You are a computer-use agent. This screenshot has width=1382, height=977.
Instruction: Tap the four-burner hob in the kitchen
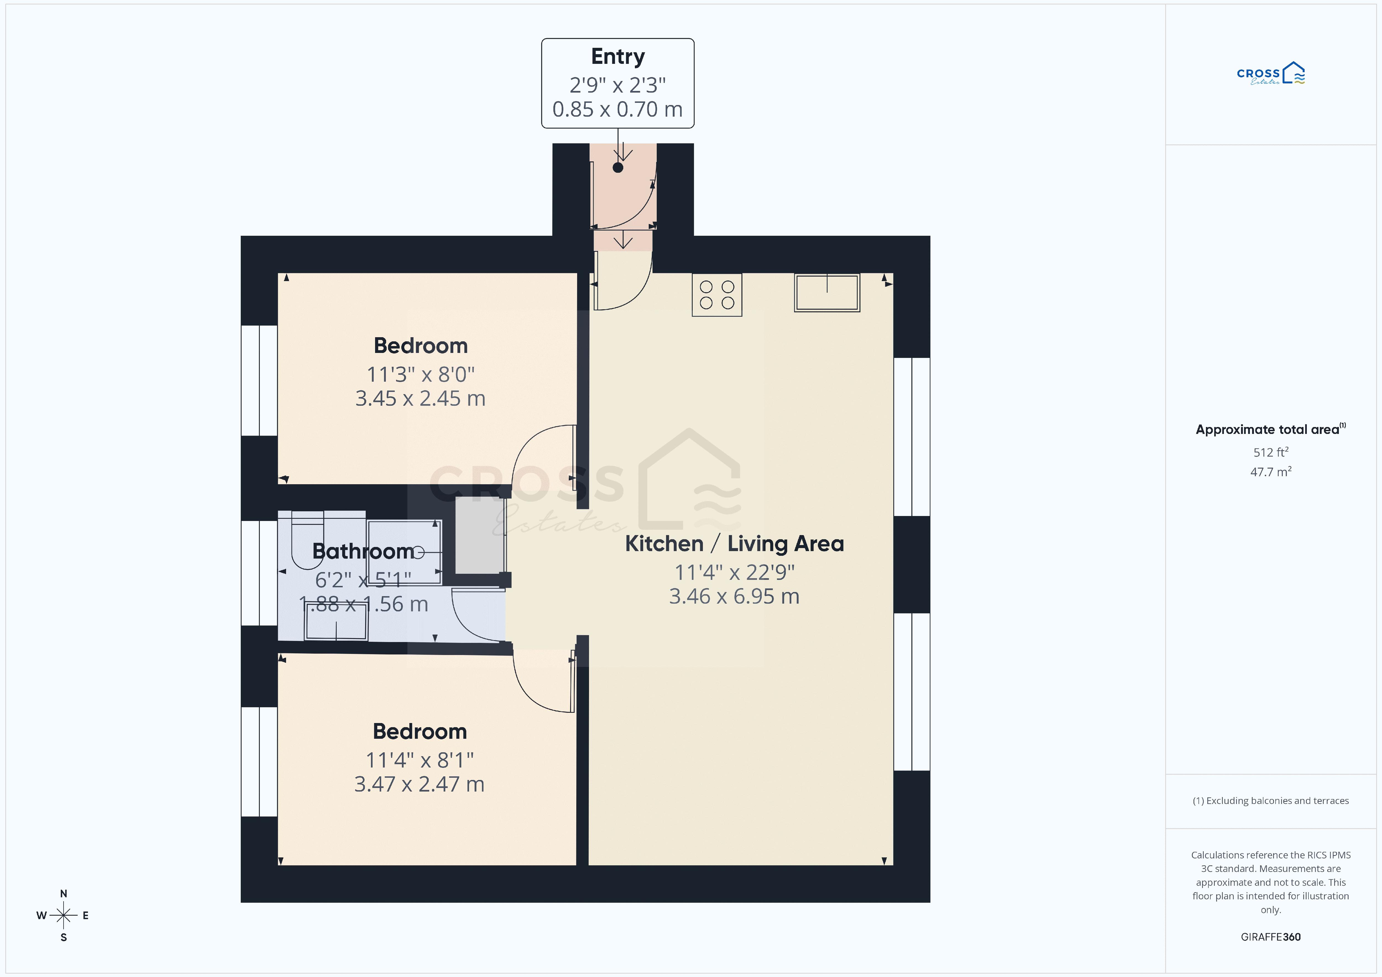[717, 295]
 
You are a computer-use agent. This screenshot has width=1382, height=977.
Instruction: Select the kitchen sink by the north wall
[827, 293]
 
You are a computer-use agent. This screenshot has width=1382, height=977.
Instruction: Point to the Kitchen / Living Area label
[734, 544]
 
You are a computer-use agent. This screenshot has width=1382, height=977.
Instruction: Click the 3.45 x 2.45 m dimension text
[420, 399]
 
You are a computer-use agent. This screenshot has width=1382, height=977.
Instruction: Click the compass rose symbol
[63, 916]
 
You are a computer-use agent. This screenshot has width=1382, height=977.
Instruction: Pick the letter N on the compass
[63, 894]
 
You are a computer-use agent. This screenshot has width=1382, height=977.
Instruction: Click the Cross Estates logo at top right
[1271, 74]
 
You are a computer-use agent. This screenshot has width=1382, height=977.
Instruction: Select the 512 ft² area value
[1271, 452]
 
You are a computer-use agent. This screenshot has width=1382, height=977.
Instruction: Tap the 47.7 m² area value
[1271, 471]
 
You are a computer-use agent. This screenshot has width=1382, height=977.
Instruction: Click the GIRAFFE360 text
[1271, 937]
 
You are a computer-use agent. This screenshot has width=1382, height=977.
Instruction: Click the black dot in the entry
[618, 168]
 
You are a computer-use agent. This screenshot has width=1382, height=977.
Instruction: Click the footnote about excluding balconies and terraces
[1271, 801]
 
